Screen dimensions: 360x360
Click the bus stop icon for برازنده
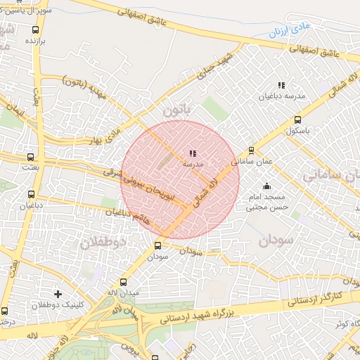click(36, 30)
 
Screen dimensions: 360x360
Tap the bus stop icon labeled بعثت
click(30, 157)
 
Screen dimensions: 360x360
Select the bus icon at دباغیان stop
click(31, 194)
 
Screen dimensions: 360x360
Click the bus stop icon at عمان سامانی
click(252, 150)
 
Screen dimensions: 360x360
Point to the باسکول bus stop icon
click(297, 120)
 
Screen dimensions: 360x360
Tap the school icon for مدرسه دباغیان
click(281, 85)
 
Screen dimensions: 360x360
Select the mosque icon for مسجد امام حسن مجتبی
click(266, 186)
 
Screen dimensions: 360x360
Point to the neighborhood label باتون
click(177, 110)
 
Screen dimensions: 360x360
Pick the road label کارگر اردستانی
click(315, 298)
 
